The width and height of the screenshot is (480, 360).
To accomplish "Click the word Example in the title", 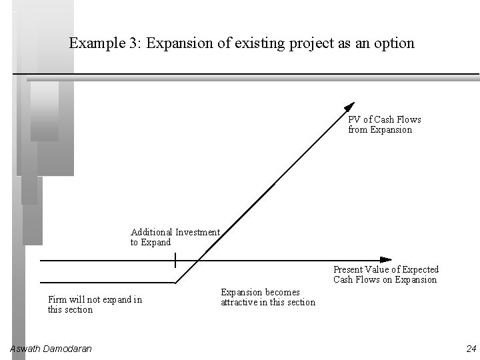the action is (x=94, y=44).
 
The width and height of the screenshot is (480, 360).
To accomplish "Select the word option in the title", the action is (x=393, y=44).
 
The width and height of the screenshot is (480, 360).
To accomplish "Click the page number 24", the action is (x=471, y=349).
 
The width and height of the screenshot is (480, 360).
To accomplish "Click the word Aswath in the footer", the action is (x=25, y=349).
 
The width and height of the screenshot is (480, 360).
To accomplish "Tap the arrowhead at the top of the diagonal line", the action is (x=349, y=107).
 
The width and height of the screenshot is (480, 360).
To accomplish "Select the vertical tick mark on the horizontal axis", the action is (x=175, y=259).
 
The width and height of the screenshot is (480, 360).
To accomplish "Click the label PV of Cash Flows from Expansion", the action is (x=384, y=125).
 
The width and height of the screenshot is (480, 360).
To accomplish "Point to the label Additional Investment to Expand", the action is (x=175, y=237).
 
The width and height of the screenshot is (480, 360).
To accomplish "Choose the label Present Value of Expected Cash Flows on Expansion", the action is (x=385, y=275).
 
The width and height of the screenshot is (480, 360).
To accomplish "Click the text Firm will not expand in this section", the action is (x=95, y=305).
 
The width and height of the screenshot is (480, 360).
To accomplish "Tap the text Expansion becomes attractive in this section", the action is (x=267, y=297).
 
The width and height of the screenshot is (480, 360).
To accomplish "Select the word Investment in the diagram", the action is (x=197, y=233).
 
